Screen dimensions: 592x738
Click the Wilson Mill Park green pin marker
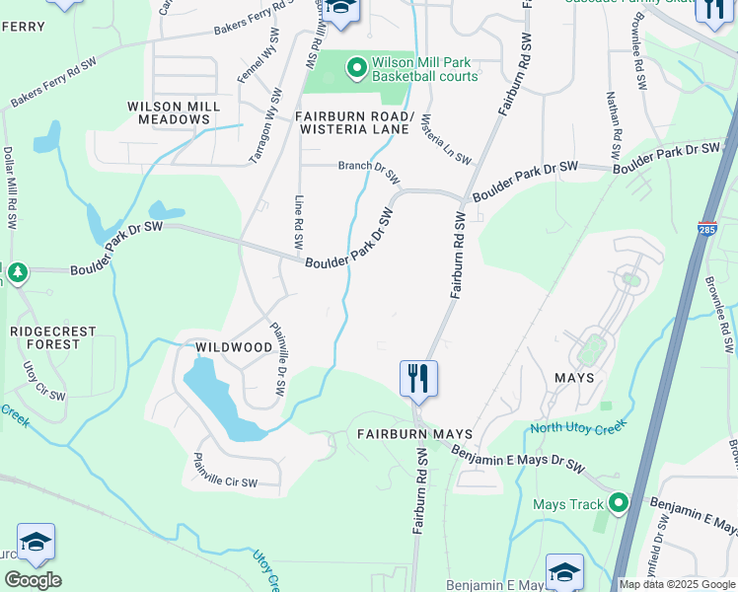(356, 67)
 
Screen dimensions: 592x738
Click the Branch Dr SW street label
(368, 172)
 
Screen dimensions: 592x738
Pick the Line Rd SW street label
(299, 222)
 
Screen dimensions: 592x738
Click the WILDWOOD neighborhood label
(233, 347)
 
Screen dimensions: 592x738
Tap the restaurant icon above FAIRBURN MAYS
(418, 377)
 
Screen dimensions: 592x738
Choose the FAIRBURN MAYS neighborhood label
(414, 433)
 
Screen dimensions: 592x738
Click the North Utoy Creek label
(578, 427)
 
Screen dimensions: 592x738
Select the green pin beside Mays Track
(618, 504)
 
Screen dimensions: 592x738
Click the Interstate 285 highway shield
(707, 229)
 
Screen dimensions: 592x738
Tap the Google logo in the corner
(33, 580)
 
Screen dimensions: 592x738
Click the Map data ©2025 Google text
(676, 584)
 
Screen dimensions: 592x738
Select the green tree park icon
(17, 271)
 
